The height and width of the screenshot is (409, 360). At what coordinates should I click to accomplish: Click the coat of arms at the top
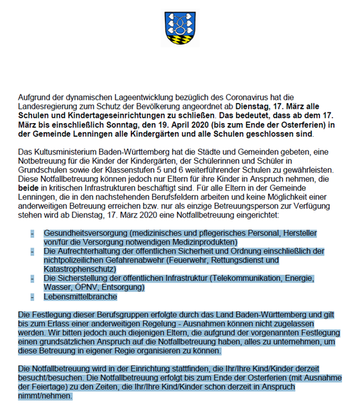point(180,29)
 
